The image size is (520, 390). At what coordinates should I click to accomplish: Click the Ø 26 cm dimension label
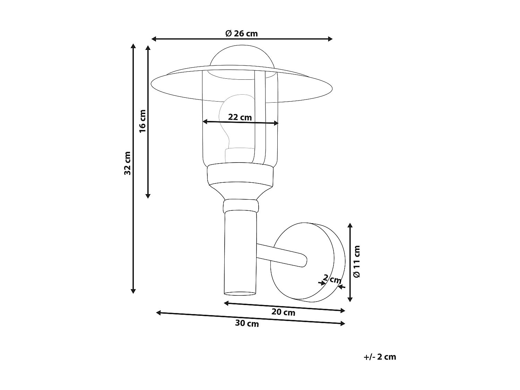(241, 34)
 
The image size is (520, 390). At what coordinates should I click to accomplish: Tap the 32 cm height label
(128, 163)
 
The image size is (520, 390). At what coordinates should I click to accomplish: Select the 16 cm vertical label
(142, 121)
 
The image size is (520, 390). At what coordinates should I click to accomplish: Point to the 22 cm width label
(240, 117)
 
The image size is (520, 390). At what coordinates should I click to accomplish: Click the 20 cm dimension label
(283, 312)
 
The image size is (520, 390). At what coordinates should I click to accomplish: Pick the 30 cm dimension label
(247, 323)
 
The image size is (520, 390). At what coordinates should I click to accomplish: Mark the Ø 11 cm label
(357, 261)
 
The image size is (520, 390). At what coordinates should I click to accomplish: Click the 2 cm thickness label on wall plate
(332, 279)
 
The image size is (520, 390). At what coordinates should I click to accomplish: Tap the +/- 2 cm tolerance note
(380, 357)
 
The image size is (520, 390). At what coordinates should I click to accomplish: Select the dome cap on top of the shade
(242, 57)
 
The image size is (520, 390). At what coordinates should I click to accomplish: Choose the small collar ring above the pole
(241, 206)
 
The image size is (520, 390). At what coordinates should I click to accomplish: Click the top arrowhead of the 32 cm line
(133, 46)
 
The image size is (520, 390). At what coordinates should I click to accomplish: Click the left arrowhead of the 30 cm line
(158, 313)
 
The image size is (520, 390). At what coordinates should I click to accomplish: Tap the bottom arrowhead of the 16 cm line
(148, 196)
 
